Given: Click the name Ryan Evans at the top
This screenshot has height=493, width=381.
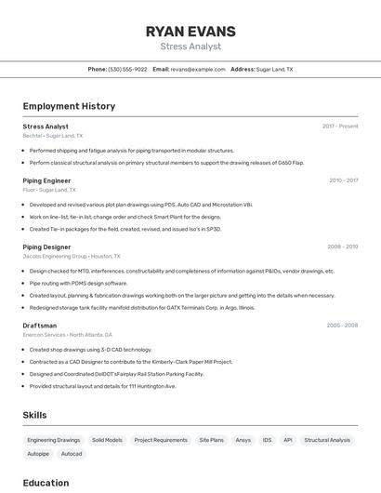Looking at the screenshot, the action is [190, 31].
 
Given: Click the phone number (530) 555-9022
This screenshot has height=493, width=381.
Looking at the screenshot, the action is [127, 69].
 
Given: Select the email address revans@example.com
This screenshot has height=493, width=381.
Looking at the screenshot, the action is [198, 69].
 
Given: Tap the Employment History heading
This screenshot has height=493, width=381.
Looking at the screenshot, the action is [69, 106].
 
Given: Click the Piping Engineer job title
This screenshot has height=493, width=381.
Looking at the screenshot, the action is [46, 180].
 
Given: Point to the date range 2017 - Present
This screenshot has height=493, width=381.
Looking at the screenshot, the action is [340, 127].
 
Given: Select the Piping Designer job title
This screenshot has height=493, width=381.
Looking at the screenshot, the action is [46, 246].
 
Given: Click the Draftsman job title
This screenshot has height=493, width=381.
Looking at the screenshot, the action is [40, 326].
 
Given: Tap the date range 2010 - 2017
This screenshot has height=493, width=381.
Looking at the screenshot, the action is [343, 180].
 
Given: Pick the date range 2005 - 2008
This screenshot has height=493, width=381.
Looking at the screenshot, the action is [342, 326].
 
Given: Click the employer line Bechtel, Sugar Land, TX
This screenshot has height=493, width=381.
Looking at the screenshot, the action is [52, 136].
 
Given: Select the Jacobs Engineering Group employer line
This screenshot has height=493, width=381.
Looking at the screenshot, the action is [68, 256].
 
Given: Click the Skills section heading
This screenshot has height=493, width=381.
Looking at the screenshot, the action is [34, 415].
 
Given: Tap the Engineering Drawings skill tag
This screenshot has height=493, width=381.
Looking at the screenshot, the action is [53, 440].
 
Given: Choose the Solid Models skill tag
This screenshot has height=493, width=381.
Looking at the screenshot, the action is [107, 440].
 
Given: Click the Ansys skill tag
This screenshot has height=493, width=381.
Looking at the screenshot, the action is [243, 440].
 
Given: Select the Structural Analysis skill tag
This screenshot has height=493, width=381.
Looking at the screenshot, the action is [327, 440].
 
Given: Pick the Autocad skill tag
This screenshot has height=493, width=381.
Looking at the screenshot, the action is [72, 454].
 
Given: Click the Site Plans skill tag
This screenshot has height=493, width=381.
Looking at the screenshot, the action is [211, 440].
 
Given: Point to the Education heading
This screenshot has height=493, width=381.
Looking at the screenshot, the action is [46, 483].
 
